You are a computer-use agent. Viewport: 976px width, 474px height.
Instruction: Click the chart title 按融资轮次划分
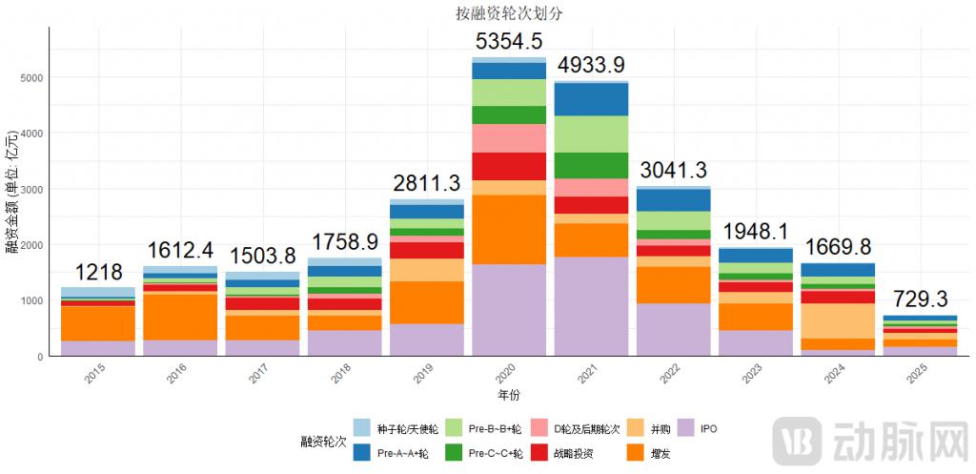click(x=510, y=13)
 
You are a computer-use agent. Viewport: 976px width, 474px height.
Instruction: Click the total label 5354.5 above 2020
click(x=509, y=42)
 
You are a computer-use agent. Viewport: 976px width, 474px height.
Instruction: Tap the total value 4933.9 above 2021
click(x=591, y=65)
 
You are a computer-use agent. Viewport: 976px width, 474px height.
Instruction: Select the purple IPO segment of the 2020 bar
click(x=509, y=310)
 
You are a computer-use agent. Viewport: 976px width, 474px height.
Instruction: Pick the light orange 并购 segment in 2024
click(x=837, y=320)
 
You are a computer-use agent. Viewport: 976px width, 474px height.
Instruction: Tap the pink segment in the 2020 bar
click(x=509, y=138)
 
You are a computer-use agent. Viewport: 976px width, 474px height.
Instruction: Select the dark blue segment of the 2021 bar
click(x=591, y=99)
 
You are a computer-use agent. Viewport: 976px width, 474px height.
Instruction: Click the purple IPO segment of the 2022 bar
click(x=673, y=329)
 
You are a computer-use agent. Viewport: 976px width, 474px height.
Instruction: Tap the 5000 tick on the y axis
click(x=31, y=77)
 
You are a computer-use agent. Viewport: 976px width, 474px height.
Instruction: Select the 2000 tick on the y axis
click(x=31, y=245)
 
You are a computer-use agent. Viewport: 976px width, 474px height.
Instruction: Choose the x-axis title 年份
click(x=509, y=394)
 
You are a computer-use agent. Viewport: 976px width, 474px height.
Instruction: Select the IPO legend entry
click(x=707, y=428)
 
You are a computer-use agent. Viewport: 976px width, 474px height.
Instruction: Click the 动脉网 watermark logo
click(x=867, y=441)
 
